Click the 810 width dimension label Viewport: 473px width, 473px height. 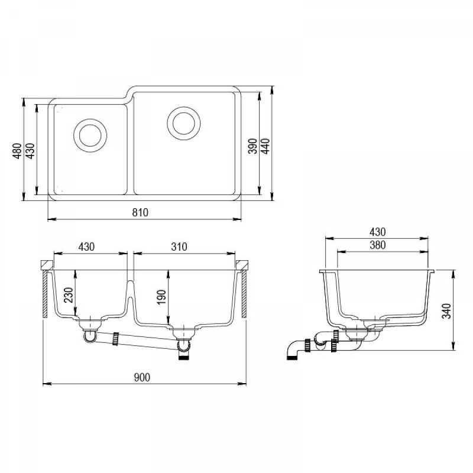pyautogui.click(x=140, y=212)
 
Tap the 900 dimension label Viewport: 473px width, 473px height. pyautogui.click(x=142, y=377)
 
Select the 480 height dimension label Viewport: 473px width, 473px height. pyautogui.click(x=17, y=151)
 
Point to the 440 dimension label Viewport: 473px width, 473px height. pyautogui.click(x=265, y=146)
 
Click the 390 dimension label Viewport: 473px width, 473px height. pyautogui.click(x=252, y=146)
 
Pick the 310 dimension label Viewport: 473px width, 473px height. pyautogui.click(x=179, y=247)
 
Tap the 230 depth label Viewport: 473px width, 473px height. pyautogui.click(x=69, y=295)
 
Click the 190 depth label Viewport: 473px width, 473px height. pyautogui.click(x=161, y=297)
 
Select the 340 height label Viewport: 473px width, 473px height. pyautogui.click(x=446, y=311)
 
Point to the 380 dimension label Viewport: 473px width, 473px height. pyautogui.click(x=378, y=245)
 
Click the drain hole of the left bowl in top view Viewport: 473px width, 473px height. pyautogui.click(x=90, y=135)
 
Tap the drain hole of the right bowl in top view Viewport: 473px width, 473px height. pyautogui.click(x=184, y=123)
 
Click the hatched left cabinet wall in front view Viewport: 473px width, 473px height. pyautogui.click(x=45, y=294)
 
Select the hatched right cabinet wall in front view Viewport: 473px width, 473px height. pyautogui.click(x=244, y=294)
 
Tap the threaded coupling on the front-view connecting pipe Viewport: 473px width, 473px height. pyautogui.click(x=115, y=339)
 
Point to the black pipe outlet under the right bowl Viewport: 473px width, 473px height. pyautogui.click(x=184, y=358)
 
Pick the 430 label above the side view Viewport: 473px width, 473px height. pyautogui.click(x=378, y=232)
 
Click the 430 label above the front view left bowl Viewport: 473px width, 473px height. pyautogui.click(x=86, y=247)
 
